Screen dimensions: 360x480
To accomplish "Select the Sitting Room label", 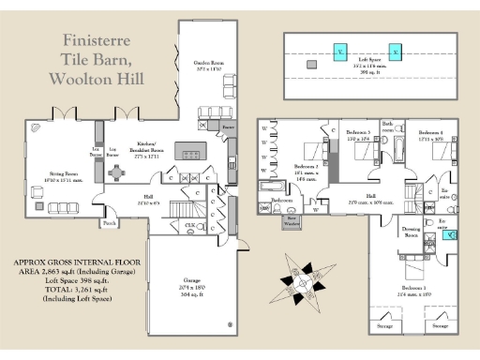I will coord(63,173).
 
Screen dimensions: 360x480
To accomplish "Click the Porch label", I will coord(110,224).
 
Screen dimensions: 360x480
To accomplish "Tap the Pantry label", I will coord(227,124).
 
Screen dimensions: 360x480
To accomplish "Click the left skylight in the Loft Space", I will coord(340,51).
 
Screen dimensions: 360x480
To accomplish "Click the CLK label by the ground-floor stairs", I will coord(189,226).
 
